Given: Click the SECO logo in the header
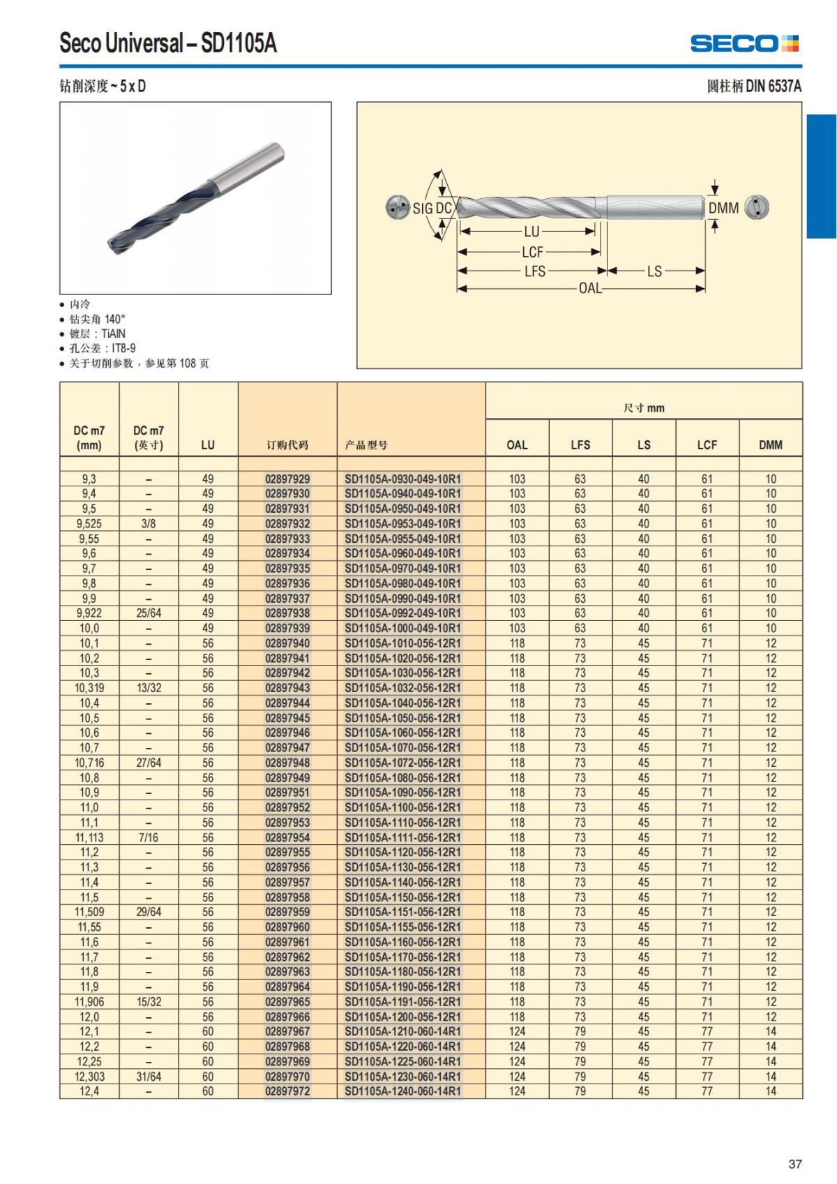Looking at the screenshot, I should click(744, 43).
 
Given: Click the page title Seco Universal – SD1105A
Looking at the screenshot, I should click(168, 44).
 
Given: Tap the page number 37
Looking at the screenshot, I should click(794, 1164).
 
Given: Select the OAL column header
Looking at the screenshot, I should click(517, 445).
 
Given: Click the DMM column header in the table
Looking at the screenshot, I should click(770, 445).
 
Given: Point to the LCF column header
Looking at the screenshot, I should click(707, 445).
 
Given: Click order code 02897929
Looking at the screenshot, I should click(287, 479).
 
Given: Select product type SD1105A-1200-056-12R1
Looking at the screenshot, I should click(402, 1017).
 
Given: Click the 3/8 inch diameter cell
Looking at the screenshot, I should click(149, 524).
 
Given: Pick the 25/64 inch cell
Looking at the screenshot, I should click(149, 613).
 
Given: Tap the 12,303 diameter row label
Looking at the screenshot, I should click(89, 1077).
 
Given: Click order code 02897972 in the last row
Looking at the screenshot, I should click(287, 1091).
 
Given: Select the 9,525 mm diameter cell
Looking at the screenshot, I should click(89, 524).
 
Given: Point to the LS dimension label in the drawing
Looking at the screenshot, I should click(654, 271).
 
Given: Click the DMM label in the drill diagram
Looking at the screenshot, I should click(723, 208).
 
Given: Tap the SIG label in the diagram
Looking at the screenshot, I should click(423, 209).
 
